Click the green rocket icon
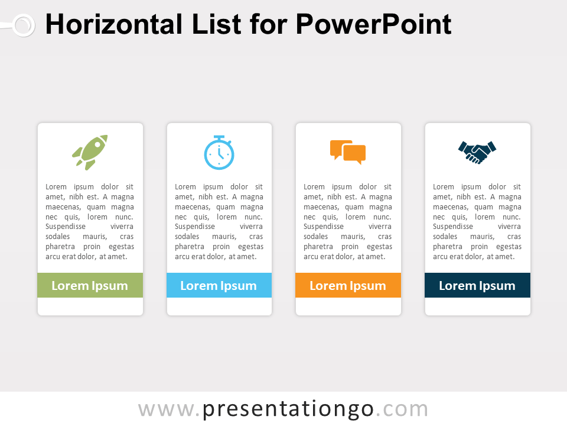(90, 153)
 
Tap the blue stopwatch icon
(219, 153)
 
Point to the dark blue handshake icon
(477, 152)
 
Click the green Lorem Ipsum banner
(90, 285)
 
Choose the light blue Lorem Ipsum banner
(219, 285)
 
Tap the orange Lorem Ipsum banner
(348, 285)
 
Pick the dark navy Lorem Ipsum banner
(477, 285)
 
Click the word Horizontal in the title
(114, 24)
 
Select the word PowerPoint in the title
(373, 24)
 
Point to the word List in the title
(216, 24)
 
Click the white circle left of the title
(24, 25)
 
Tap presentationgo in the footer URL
(288, 409)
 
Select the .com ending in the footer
(402, 409)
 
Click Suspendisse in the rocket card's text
(66, 227)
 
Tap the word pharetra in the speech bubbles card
(318, 246)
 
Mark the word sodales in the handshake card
(445, 236)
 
